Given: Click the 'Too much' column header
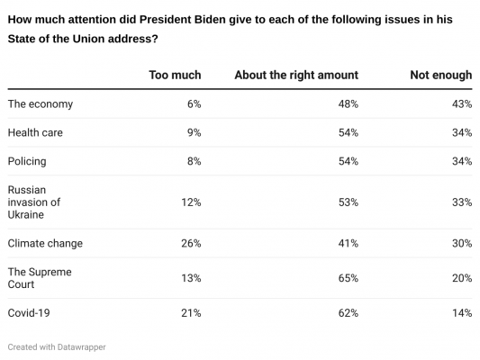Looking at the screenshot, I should coord(175,75).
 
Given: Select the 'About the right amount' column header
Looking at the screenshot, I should coord(295,75).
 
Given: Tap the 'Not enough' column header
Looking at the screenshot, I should coord(440,75).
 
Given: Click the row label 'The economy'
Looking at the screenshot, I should coord(40,104).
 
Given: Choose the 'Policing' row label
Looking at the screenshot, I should coord(26,161).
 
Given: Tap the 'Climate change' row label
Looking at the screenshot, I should coord(45,243).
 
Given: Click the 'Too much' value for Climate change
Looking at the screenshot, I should coord(190,243).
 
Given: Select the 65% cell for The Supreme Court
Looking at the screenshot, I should coord(347,278).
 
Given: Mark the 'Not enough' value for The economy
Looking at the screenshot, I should coord(461,104).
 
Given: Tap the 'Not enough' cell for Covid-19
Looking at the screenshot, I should coord(461,313).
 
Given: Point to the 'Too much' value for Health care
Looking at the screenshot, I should coord(193,133).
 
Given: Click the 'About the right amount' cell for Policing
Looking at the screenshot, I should coord(347,161).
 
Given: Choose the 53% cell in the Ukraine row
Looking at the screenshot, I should coord(347,202).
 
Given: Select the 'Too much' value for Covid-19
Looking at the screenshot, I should coord(190,313).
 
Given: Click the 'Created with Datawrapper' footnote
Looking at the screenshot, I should coord(62,346).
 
